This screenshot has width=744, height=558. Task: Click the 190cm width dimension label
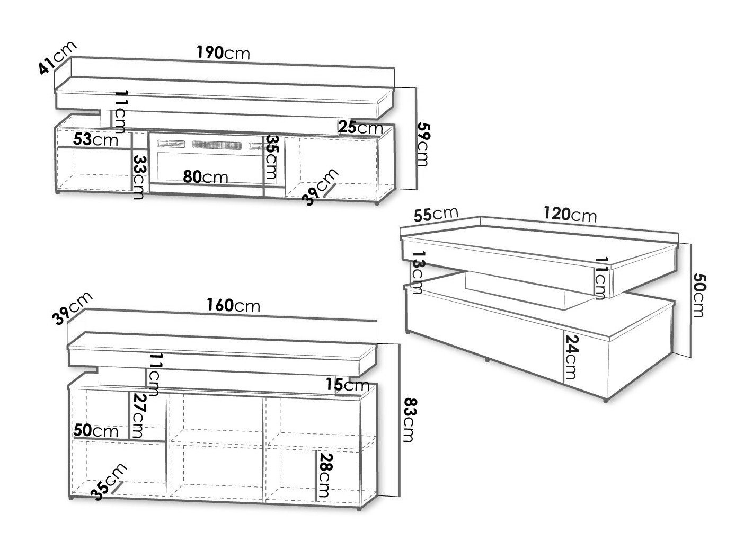[x=223, y=53]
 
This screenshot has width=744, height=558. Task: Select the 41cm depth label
[x=57, y=58]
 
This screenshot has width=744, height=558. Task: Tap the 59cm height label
[x=422, y=144]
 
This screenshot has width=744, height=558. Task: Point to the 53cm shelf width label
[x=95, y=139]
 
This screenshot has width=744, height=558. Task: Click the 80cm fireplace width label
[x=206, y=176]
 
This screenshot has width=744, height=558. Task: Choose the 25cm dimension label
[x=361, y=127]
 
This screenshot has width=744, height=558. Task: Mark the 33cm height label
[x=139, y=177]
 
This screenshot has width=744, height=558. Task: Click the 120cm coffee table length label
[x=570, y=215]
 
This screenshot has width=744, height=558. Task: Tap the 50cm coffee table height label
[x=699, y=295]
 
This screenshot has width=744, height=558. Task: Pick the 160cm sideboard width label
[x=233, y=305]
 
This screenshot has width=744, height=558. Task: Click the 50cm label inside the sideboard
[x=95, y=431]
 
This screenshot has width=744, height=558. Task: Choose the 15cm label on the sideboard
[x=347, y=385]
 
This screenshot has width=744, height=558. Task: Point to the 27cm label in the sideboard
[x=138, y=415]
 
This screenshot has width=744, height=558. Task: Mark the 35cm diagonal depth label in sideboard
[x=109, y=482]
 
